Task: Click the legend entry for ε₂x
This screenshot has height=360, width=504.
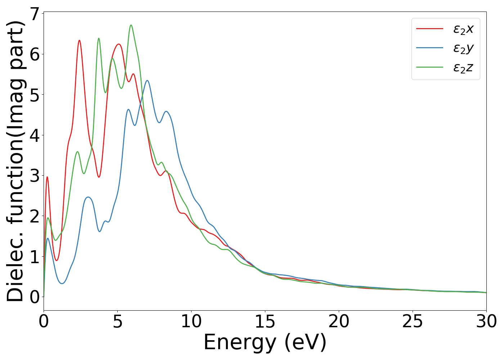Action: (463, 29)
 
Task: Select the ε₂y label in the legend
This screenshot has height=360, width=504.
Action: (463, 48)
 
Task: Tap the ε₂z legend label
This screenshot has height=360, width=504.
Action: (463, 67)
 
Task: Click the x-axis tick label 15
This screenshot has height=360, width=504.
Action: (265, 321)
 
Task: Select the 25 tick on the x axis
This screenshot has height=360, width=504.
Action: (413, 321)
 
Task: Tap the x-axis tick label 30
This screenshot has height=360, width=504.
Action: (486, 321)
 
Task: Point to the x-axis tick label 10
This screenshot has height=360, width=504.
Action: (191, 321)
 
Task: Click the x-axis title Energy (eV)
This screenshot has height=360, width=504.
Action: (265, 342)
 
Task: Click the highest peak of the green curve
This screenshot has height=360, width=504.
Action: (131, 25)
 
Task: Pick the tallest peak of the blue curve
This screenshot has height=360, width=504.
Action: (147, 80)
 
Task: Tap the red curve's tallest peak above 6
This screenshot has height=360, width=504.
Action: (79, 40)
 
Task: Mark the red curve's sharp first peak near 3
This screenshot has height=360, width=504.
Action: (47, 177)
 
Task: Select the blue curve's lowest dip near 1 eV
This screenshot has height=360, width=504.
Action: (62, 283)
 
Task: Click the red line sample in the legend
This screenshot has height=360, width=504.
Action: (429, 29)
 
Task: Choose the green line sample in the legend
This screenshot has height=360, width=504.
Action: (429, 67)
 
